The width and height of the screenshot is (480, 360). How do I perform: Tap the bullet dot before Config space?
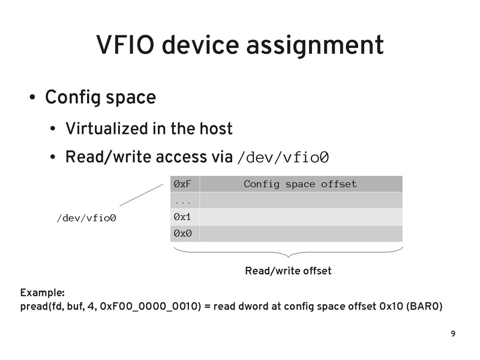(32, 98)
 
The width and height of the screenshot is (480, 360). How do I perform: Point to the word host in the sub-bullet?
(215, 129)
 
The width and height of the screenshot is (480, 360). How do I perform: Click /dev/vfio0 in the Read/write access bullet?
(283, 158)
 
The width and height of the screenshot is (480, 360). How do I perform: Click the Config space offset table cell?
(300, 184)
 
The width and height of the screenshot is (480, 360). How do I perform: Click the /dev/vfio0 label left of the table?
(86, 218)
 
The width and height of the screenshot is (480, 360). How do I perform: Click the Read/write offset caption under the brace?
(288, 271)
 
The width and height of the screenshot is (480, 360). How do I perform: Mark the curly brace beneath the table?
(288, 252)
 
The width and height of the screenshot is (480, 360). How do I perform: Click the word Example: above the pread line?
(43, 293)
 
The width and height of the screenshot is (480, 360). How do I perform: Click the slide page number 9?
(452, 334)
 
